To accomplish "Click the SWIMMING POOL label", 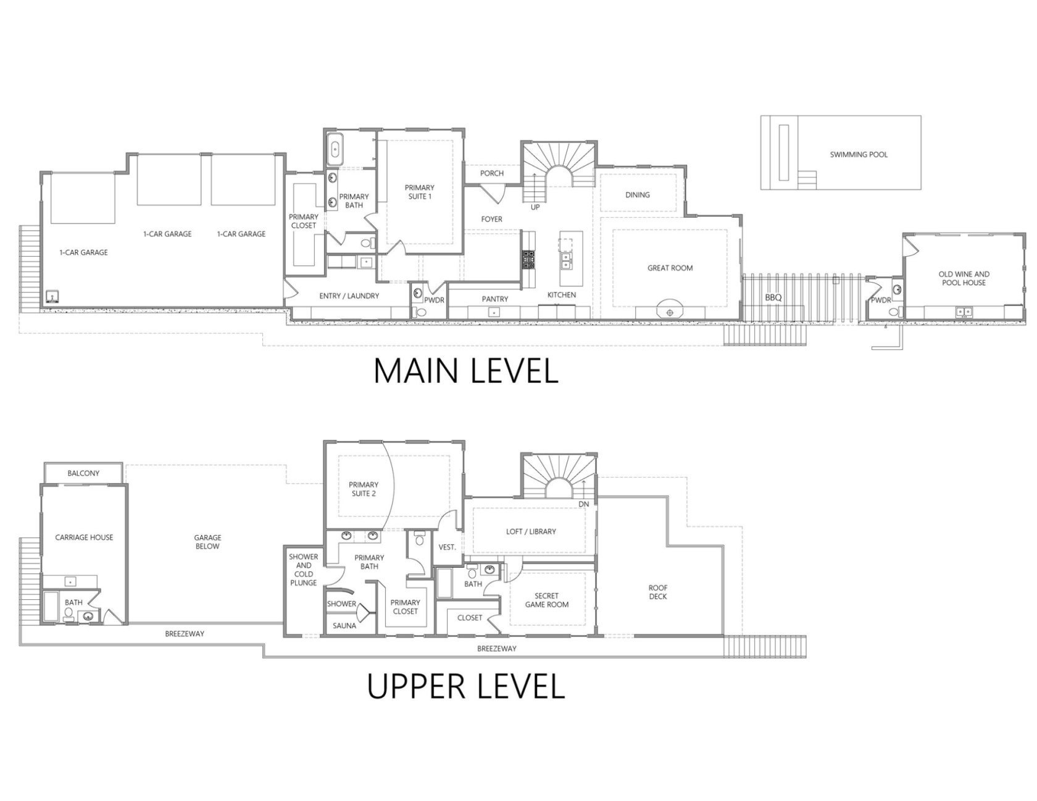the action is tap(859, 154).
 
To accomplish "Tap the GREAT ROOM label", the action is tap(670, 268).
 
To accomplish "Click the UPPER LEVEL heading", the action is tap(466, 686).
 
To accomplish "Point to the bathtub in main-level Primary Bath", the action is tap(335, 149).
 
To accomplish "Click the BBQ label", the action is tap(773, 297).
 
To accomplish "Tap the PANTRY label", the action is tap(495, 299).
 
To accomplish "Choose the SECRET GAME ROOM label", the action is tap(547, 600).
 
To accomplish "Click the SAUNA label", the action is tap(344, 626).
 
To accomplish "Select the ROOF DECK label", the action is tap(658, 592).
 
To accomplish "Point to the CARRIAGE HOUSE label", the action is tap(85, 537).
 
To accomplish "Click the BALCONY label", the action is tap(83, 473).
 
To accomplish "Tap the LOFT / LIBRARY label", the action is tap(531, 531).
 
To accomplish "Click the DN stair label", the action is tap(584, 504).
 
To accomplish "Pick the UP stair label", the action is tap(535, 207).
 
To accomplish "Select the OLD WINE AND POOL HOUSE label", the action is tap(964, 278).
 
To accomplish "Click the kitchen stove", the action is tap(529, 259).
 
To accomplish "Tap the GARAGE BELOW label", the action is tap(207, 542).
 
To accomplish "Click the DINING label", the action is tap(638, 195).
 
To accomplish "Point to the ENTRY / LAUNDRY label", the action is tap(349, 296).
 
